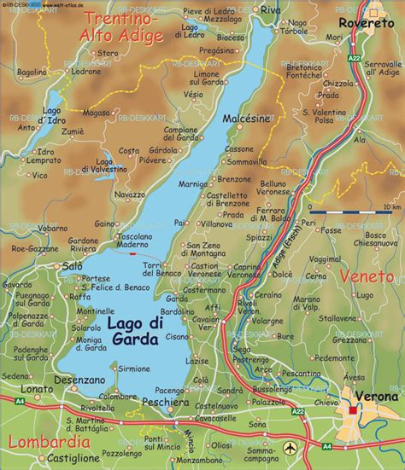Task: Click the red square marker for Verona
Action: (x=353, y=411)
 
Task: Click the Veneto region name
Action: (x=367, y=276)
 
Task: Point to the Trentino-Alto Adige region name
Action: (x=117, y=26)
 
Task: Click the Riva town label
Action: (x=270, y=9)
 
